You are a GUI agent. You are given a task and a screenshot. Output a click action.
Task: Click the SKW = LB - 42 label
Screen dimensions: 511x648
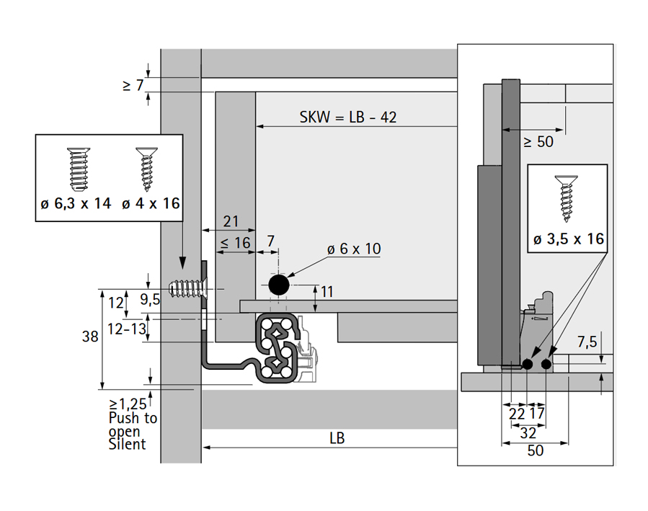(348, 117)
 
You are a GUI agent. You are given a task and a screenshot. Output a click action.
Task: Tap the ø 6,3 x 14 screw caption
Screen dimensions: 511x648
(76, 203)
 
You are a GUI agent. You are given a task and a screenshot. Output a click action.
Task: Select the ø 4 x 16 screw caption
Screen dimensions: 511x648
(151, 203)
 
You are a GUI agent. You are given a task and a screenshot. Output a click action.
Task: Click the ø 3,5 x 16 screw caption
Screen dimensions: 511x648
(569, 239)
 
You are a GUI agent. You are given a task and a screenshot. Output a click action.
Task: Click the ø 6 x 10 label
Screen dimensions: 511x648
(354, 249)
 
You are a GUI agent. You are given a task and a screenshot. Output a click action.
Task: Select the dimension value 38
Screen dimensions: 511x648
(90, 335)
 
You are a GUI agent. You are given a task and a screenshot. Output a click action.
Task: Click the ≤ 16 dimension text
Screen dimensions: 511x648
(236, 243)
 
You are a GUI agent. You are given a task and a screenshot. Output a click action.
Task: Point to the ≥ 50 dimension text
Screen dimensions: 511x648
(538, 142)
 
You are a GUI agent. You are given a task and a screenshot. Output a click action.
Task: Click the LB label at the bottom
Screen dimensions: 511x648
(337, 437)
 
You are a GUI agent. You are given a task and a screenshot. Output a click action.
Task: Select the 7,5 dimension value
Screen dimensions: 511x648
(586, 340)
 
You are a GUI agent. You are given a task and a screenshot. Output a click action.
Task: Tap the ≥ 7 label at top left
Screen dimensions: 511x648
(133, 86)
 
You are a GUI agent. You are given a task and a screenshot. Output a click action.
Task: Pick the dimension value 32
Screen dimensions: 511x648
(528, 432)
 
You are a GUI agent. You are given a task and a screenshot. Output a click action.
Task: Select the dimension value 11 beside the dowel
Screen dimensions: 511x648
(327, 291)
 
